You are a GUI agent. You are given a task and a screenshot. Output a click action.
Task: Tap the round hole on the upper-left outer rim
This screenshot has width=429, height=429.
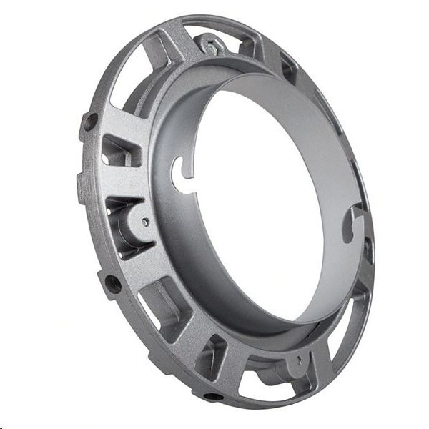90,122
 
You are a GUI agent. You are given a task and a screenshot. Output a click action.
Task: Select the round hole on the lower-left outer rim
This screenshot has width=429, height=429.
112,284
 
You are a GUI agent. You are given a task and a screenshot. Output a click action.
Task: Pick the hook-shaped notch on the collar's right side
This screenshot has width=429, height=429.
352,221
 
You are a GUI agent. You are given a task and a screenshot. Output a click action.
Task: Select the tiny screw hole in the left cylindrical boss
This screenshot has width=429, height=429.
146,222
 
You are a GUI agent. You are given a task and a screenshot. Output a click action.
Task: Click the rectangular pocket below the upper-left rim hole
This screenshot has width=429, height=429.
119,151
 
